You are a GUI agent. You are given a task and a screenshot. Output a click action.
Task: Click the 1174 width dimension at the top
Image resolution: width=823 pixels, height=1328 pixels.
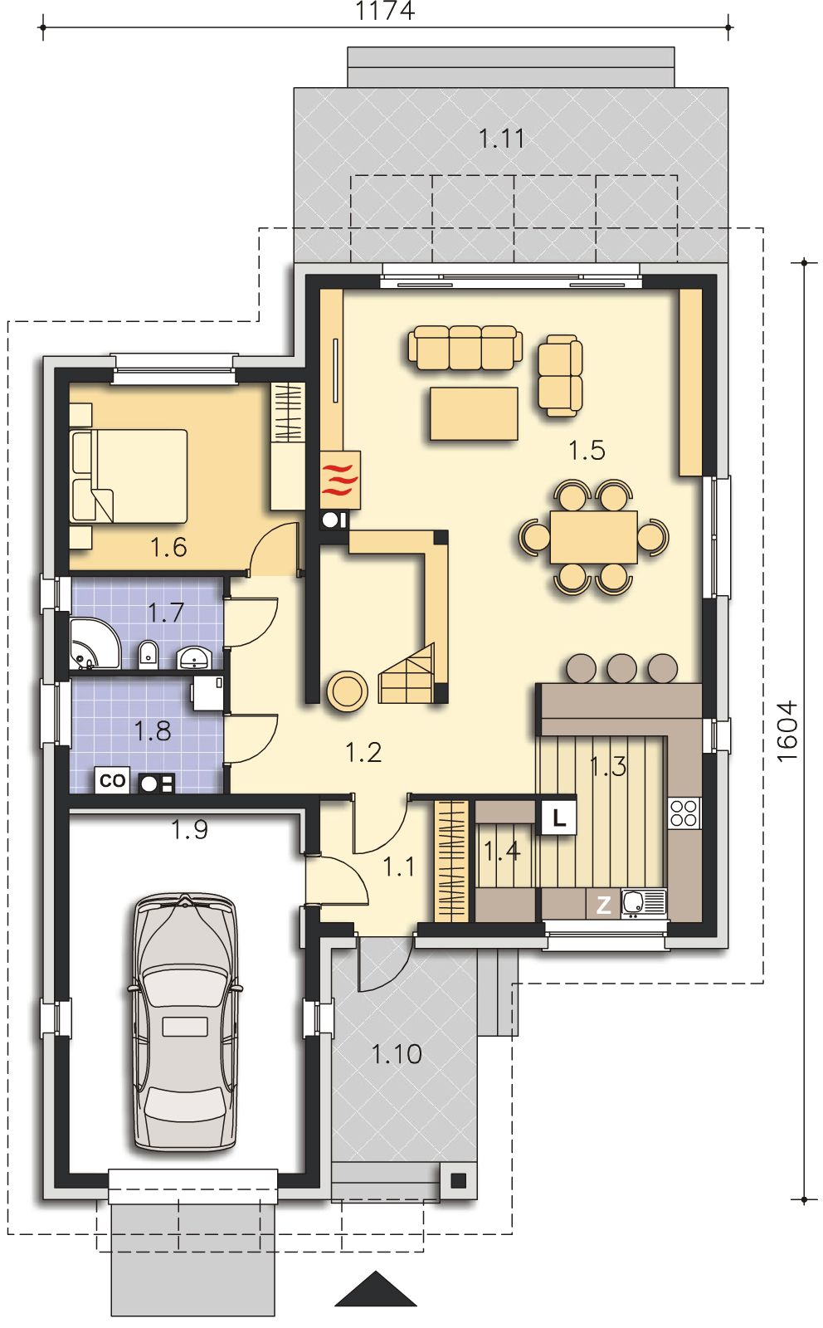pyautogui.click(x=385, y=11)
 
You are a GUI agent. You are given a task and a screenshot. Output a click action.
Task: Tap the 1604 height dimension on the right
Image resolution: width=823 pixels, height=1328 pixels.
pyautogui.click(x=786, y=731)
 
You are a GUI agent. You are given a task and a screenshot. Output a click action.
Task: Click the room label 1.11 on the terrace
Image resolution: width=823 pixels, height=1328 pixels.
pyautogui.click(x=501, y=139)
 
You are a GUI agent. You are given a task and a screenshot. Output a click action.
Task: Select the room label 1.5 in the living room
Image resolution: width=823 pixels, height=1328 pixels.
pyautogui.click(x=587, y=450)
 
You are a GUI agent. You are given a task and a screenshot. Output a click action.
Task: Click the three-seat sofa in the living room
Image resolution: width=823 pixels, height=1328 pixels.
pyautogui.click(x=465, y=348)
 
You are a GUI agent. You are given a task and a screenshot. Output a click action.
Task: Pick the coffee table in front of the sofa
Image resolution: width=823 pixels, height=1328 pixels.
pyautogui.click(x=474, y=413)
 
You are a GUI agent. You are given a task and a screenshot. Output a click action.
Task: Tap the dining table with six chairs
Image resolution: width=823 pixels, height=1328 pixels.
pyautogui.click(x=594, y=536)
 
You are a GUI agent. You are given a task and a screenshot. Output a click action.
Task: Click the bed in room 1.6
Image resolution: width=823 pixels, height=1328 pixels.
pyautogui.click(x=129, y=476)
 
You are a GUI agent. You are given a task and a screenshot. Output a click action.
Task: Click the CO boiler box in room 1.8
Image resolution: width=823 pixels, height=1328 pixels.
pyautogui.click(x=112, y=780)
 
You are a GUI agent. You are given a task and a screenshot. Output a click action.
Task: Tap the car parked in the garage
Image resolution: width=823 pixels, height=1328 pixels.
pyautogui.click(x=185, y=1022)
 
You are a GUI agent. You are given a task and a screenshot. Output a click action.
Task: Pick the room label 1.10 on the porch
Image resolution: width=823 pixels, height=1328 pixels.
pyautogui.click(x=397, y=1054)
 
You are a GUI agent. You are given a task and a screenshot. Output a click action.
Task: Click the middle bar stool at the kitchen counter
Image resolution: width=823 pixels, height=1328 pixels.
pyautogui.click(x=622, y=668)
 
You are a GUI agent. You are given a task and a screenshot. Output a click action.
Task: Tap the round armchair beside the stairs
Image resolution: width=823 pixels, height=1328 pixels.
pyautogui.click(x=347, y=691)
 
